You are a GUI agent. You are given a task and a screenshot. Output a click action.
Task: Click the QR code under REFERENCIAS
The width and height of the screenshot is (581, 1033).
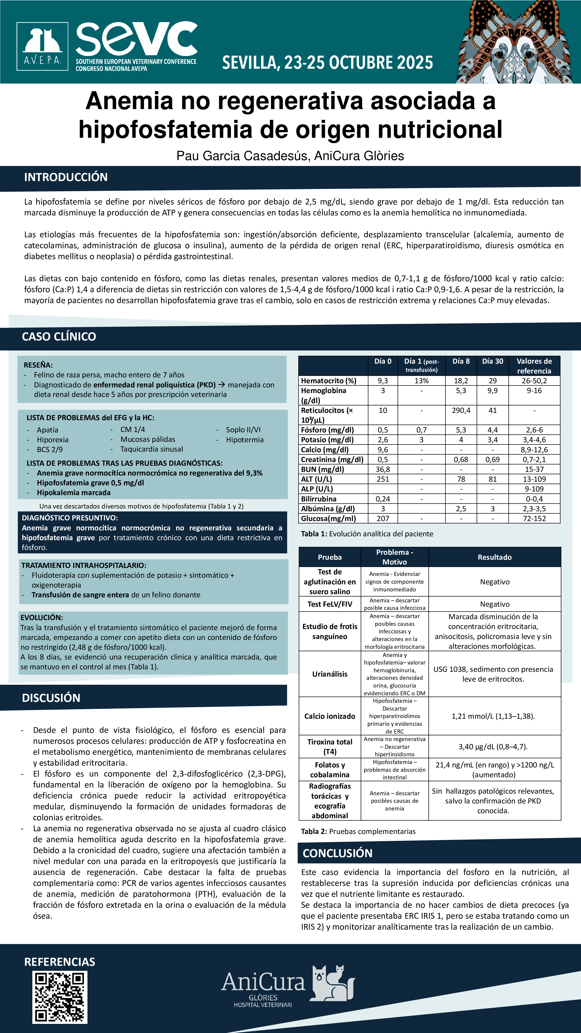coord(60,997)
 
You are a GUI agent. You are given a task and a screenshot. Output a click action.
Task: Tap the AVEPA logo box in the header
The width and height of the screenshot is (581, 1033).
coord(42,46)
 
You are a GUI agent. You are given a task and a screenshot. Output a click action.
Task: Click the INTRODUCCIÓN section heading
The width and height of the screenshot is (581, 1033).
coord(66,177)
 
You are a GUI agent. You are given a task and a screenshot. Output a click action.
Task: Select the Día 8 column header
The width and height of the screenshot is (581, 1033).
coord(461,361)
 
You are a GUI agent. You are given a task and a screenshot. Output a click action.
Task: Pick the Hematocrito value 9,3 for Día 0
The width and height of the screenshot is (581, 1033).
coord(383,381)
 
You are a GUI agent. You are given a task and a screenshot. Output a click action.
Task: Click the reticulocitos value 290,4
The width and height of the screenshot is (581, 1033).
coord(461,410)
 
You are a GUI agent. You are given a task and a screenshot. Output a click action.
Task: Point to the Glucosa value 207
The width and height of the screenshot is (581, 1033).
coord(383,519)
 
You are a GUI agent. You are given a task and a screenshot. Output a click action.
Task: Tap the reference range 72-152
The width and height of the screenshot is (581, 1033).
coord(534,519)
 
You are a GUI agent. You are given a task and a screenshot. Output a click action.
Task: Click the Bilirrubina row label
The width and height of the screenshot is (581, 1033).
coord(319,499)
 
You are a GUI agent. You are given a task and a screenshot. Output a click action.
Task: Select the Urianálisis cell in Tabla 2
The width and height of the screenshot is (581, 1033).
coord(330,674)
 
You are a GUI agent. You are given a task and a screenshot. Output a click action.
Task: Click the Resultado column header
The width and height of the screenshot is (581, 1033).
coord(494,557)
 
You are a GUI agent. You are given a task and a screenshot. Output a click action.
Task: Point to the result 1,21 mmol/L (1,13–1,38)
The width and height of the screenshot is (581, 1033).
coord(493,716)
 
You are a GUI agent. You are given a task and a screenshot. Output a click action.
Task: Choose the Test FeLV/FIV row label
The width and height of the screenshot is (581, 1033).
coord(330,604)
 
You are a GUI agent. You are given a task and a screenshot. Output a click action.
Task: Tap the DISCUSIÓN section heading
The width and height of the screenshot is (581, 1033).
coord(51,698)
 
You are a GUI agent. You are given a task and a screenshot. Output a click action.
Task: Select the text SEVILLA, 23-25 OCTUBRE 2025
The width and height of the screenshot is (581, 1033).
coord(327,63)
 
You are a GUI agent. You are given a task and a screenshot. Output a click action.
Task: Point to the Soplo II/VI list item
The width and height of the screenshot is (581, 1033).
coord(243,430)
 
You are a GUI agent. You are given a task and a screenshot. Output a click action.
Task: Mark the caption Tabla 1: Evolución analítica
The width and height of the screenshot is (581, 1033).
coord(367,534)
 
